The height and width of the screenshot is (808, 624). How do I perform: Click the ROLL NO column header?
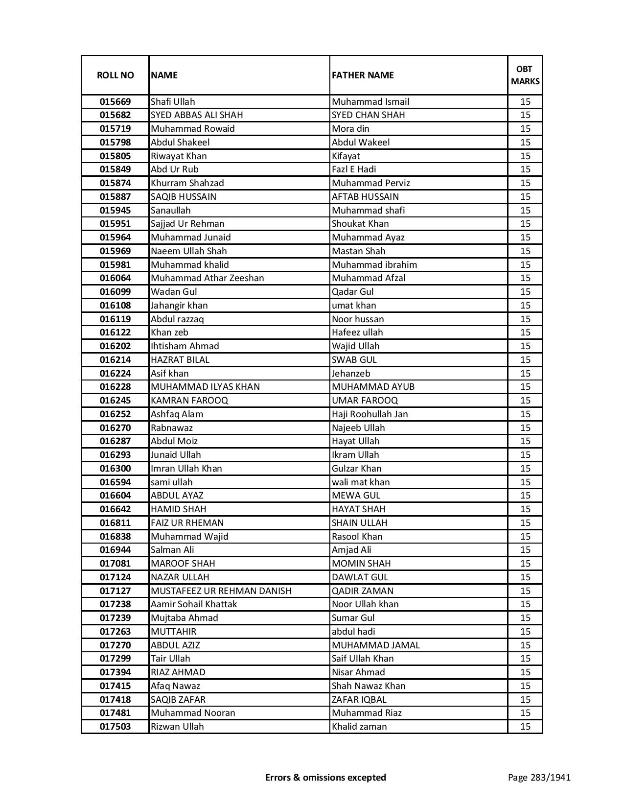(x=115, y=75)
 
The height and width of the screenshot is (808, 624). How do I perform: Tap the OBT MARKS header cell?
(x=525, y=75)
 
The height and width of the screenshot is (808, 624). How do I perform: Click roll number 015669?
(x=115, y=102)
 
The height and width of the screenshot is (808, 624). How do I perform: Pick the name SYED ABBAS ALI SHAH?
(x=197, y=115)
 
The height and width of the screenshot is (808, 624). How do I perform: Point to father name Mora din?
(x=350, y=129)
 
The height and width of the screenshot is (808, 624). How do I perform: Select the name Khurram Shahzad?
(x=187, y=183)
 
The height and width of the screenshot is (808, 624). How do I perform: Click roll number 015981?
(x=115, y=265)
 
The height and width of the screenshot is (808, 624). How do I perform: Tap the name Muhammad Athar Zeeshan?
(x=207, y=278)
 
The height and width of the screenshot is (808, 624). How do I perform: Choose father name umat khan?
(x=354, y=306)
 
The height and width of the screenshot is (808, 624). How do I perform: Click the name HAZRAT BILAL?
(x=180, y=360)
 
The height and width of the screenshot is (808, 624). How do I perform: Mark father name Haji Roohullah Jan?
(x=370, y=414)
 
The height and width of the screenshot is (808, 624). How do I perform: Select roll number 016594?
(x=115, y=482)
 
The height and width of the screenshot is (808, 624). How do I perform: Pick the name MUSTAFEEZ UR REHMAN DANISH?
(x=221, y=591)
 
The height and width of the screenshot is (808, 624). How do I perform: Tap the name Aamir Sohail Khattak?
(x=194, y=604)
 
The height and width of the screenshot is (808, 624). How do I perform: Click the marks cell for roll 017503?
(x=525, y=727)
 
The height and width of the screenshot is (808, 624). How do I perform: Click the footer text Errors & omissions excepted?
(x=325, y=777)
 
